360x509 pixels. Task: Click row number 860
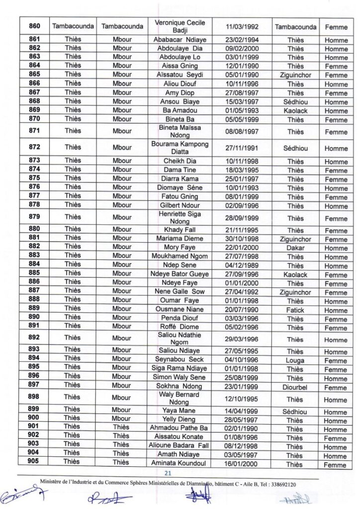click(34, 26)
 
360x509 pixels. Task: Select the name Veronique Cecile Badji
click(180, 26)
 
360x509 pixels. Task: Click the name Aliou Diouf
click(180, 84)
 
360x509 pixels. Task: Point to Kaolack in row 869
click(295, 111)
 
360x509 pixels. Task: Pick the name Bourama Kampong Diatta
click(180, 148)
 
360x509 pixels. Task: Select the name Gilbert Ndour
click(180, 205)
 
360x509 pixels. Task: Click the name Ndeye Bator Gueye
click(180, 274)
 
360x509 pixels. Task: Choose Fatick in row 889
click(295, 310)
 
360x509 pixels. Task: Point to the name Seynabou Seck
click(180, 359)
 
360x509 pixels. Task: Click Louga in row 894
click(295, 360)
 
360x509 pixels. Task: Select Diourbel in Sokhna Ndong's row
click(295, 387)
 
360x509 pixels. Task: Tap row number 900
click(34, 418)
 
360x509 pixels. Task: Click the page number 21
click(168, 473)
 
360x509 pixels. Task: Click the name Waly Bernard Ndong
click(180, 398)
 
